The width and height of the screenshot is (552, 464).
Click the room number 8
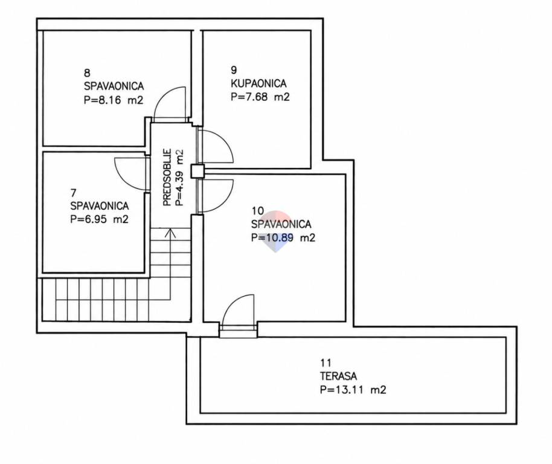pos(87,73)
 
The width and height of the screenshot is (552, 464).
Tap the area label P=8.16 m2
pos(114,100)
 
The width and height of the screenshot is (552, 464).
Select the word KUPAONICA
pos(258,83)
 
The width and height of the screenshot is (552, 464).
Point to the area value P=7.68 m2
pos(260,97)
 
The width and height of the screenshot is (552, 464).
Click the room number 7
pos(73,193)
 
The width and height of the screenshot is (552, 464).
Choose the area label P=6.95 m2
pos(99,219)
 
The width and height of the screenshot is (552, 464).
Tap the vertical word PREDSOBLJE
pos(167,177)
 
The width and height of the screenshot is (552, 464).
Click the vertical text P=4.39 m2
pos(179,178)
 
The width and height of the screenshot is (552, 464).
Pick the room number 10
pos(257,210)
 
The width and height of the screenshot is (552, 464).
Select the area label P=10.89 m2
pos(283,237)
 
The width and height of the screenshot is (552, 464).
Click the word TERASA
pos(338,376)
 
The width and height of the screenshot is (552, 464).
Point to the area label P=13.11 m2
pos(353,390)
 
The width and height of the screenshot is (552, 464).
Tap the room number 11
pos(326,362)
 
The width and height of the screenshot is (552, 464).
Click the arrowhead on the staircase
pos(170,233)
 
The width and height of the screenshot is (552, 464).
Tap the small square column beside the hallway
pos(197,171)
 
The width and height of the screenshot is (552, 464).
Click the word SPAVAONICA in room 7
pos(100,206)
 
